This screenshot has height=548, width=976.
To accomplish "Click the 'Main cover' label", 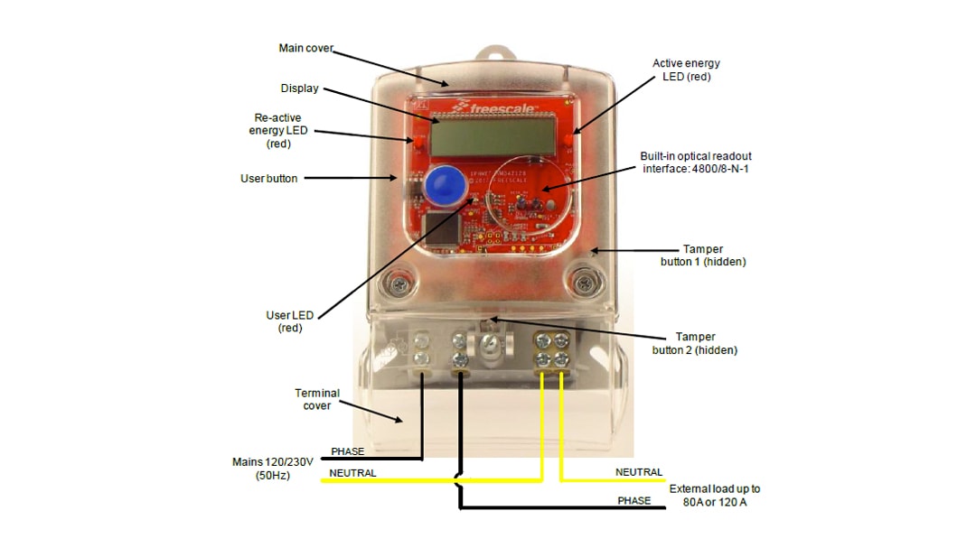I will point(305,48).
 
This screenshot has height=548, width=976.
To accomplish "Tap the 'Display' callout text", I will point(299,88).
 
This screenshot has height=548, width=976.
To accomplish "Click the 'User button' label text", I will point(268,179).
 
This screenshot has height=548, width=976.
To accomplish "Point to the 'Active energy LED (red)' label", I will point(686,70).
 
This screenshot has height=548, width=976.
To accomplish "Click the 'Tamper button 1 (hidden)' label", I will point(703,255).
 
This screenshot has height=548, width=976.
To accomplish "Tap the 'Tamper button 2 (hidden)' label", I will point(694,343).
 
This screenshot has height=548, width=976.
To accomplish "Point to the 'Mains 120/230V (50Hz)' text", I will point(272,468).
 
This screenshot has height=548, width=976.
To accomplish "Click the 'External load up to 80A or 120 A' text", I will point(715,495).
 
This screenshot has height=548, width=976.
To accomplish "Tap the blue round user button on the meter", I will point(442,187).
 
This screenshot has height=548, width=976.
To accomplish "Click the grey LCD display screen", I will point(492,137).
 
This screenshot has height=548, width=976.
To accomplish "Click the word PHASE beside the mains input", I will point(348,451).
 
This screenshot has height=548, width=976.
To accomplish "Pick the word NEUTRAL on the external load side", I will point(639,472).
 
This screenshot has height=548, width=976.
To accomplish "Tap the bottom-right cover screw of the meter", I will point(582,284).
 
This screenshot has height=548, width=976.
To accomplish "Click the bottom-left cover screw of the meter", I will point(398,284).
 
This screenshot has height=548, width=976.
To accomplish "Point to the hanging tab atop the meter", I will point(492,53).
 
